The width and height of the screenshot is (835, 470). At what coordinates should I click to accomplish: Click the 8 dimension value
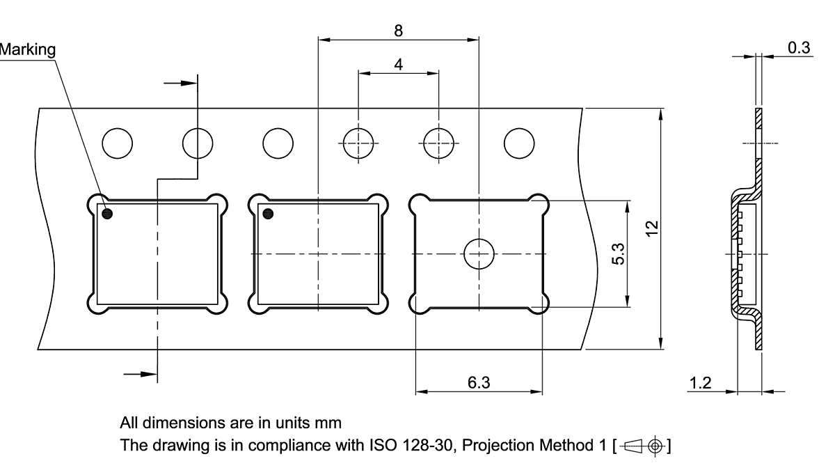(398, 31)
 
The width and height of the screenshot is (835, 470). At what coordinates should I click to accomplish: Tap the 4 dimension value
(398, 64)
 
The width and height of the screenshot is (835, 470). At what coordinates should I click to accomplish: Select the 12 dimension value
(651, 228)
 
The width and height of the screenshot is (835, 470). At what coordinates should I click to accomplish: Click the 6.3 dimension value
(479, 382)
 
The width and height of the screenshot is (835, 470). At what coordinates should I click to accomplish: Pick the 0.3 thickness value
(799, 47)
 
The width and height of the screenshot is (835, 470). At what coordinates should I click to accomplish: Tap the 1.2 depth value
(701, 382)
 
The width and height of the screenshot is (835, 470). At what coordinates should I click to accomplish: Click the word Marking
(27, 49)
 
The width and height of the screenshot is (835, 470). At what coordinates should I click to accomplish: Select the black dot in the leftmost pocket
(108, 213)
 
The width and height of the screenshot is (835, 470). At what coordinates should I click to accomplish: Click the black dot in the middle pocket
(268, 213)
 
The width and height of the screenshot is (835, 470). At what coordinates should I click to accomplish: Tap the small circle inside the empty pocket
(479, 254)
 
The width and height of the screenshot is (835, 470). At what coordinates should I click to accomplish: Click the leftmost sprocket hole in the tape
(117, 143)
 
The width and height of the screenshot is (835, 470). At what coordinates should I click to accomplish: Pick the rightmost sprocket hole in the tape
(518, 143)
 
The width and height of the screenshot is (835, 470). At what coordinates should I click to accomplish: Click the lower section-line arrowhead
(148, 374)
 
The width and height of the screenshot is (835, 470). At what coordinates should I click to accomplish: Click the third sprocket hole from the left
(278, 143)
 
